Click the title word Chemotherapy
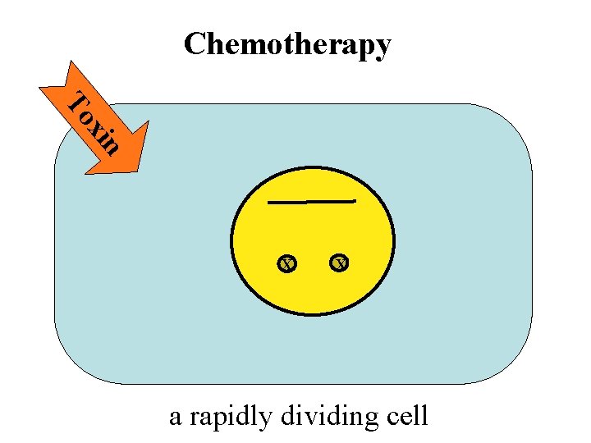tap(287, 44)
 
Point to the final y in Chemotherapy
tap(382, 48)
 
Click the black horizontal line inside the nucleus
tap(312, 201)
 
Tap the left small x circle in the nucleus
tap(286, 263)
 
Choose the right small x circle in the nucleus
tap(339, 263)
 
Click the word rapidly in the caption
tap(231, 417)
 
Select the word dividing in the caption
tap(328, 416)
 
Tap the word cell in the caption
tap(406, 416)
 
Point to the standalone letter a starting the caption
tap(175, 418)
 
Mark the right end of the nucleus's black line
tap(354, 200)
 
